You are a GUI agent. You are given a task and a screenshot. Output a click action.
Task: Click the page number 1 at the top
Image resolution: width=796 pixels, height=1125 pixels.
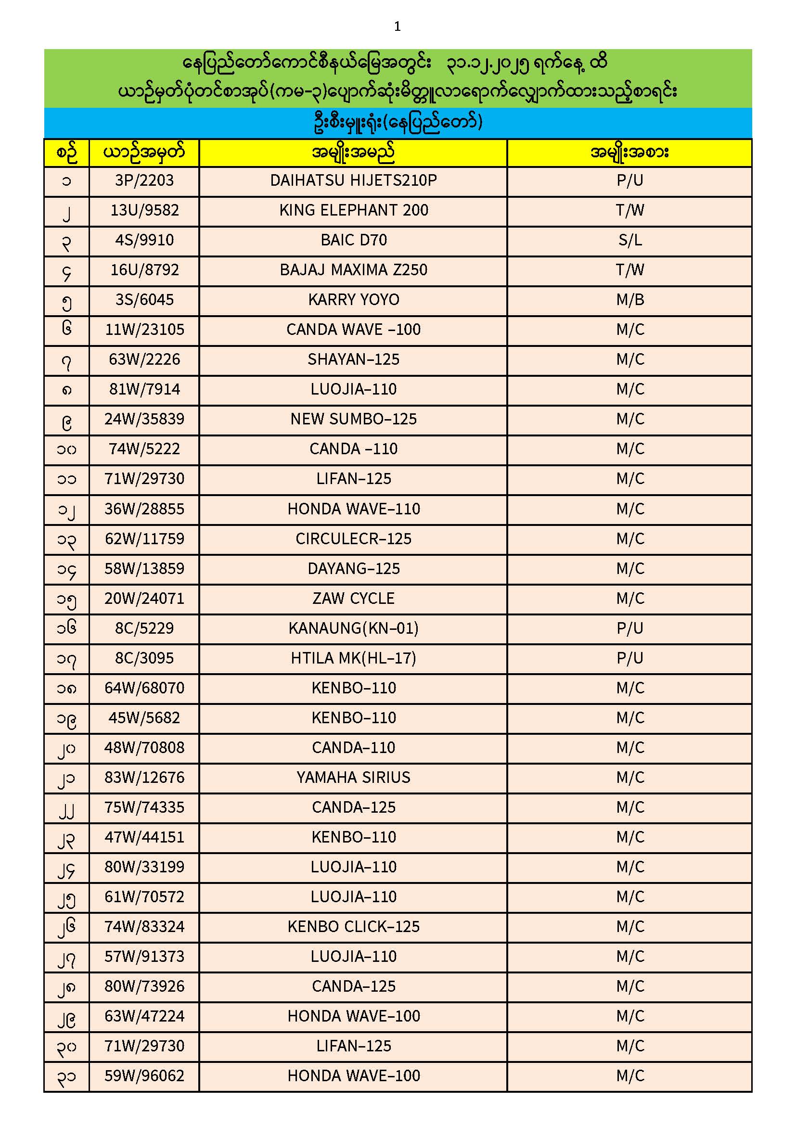tap(397, 26)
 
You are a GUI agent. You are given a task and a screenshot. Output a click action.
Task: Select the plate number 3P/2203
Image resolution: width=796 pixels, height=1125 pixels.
tap(144, 180)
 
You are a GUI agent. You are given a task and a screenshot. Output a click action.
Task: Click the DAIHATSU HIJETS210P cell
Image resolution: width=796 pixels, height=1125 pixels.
tap(353, 180)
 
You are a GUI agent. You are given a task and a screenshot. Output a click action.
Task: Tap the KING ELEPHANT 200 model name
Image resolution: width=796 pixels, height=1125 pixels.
tap(353, 210)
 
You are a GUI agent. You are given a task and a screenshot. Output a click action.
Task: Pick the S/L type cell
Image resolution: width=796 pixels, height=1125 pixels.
tap(629, 240)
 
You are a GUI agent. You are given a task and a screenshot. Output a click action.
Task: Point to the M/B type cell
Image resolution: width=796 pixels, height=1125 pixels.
tap(629, 300)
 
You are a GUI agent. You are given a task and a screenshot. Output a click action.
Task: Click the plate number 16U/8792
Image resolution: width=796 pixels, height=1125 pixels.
tap(144, 270)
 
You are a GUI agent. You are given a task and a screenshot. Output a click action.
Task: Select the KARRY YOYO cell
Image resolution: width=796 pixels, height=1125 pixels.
tap(353, 300)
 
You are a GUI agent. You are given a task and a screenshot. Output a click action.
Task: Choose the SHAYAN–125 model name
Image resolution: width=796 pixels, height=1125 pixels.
tap(353, 359)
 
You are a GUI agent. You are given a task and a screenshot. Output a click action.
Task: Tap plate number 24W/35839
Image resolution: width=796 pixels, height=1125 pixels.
tap(144, 419)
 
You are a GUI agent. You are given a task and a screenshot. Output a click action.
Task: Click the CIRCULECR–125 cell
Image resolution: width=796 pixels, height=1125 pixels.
tap(353, 538)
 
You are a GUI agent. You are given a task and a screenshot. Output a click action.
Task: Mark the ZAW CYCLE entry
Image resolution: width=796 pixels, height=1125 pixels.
tap(353, 598)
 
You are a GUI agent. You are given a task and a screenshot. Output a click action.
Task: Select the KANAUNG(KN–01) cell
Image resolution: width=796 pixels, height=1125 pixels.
tap(353, 628)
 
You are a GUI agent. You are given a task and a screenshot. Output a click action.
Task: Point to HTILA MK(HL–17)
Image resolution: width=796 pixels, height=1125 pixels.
tap(353, 658)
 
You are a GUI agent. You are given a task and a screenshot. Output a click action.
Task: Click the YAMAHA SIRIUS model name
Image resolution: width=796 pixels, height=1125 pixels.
tap(353, 778)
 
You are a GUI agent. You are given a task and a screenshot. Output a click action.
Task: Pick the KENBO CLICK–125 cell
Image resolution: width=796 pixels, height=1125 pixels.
tap(353, 927)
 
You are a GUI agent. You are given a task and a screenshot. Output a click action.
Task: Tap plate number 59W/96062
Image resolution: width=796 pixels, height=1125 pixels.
tap(144, 1076)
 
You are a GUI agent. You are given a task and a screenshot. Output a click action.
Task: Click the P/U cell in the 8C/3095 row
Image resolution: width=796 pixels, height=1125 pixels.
tap(629, 658)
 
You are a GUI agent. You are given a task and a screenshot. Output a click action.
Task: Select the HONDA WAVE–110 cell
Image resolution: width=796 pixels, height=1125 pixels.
tap(353, 509)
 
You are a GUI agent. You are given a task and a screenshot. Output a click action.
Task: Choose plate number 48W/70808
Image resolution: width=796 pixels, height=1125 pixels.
tap(144, 748)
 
